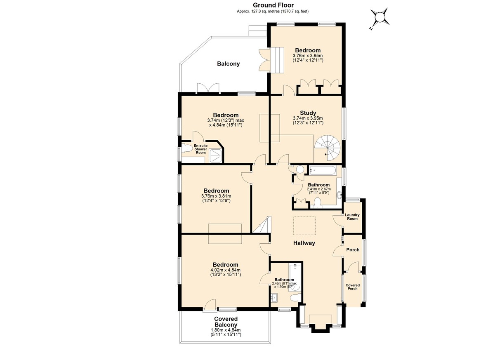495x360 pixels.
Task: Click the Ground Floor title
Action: point(273,5)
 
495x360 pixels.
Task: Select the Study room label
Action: point(308,113)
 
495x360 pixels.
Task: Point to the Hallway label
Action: point(304,243)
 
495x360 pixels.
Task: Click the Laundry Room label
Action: point(352,216)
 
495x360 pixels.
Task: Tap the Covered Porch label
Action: point(352,287)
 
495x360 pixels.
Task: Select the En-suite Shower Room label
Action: point(200,149)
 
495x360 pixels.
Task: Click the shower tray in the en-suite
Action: point(215,156)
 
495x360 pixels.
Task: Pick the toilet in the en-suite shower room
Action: point(187,148)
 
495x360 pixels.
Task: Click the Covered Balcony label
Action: point(226,322)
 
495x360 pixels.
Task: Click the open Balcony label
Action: point(228,64)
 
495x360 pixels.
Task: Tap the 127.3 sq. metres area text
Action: point(258,11)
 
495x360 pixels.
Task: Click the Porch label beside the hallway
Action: point(353,250)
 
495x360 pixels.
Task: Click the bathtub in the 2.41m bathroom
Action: point(323,170)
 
